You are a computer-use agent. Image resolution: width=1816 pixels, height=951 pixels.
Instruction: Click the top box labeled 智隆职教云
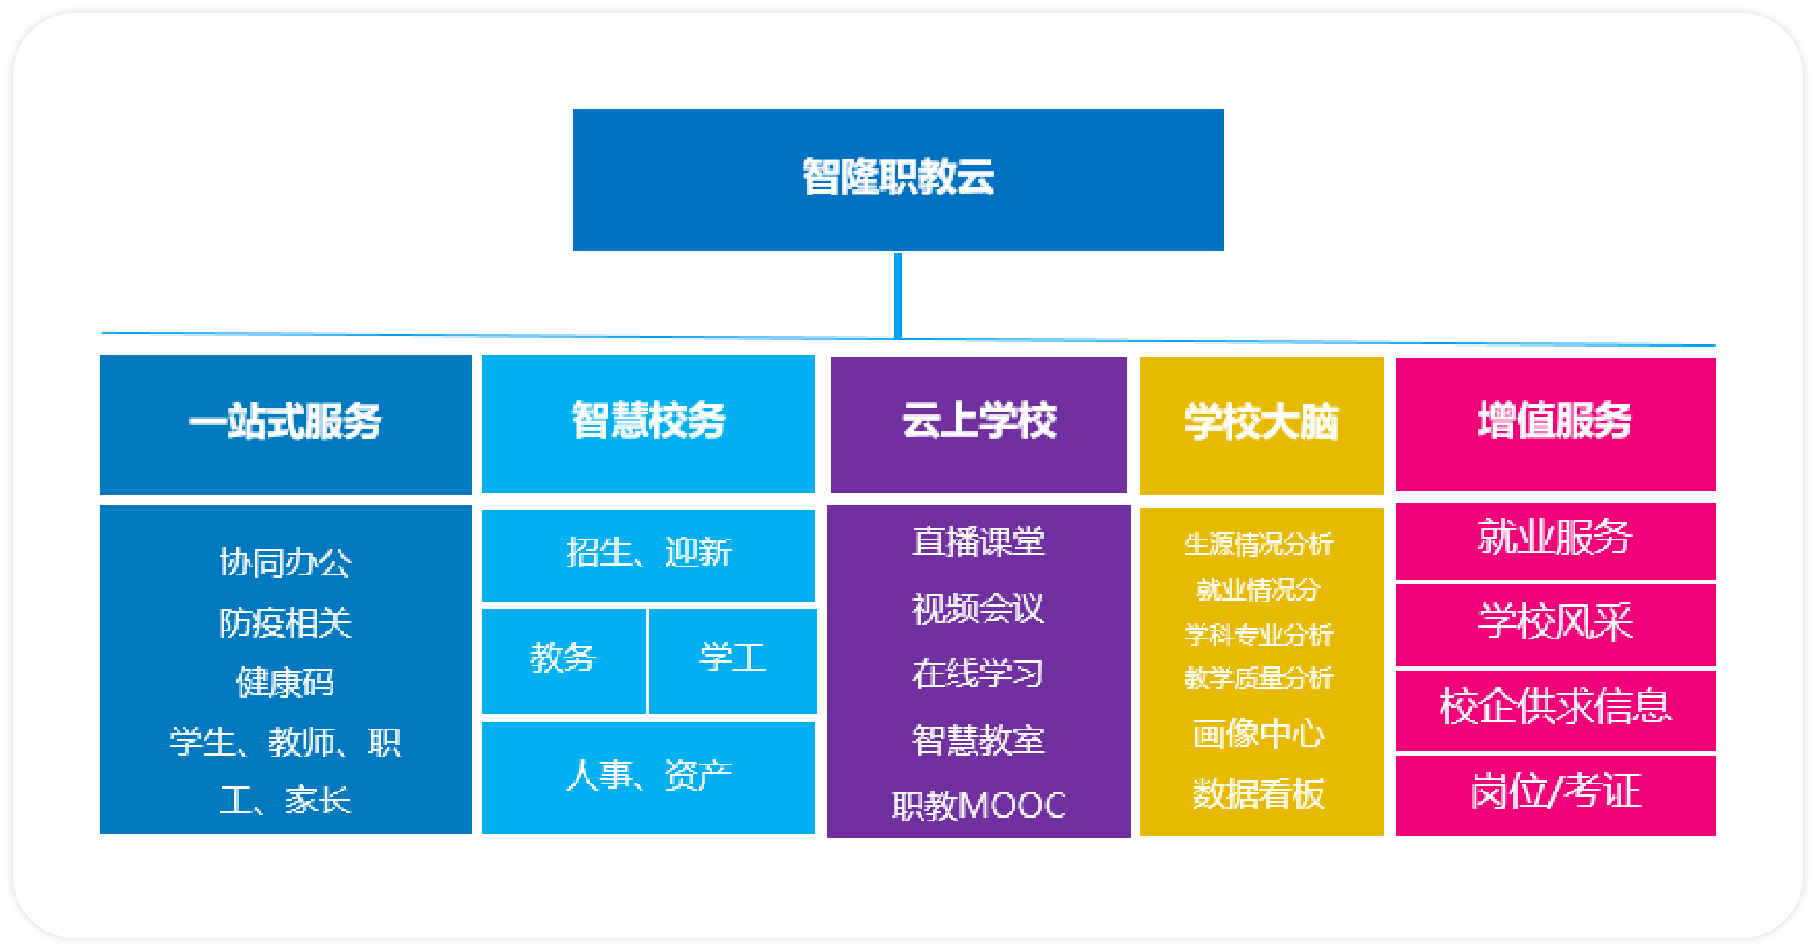898,180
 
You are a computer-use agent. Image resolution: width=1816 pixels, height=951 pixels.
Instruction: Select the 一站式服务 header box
286,424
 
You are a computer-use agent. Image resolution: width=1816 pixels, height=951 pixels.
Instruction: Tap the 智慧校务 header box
649,423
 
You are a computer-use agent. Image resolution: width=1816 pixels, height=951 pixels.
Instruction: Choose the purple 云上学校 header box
979,425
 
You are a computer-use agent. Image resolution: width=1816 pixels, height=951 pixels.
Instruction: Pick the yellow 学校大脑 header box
1261,426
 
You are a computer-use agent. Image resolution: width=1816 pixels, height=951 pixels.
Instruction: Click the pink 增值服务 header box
1556,424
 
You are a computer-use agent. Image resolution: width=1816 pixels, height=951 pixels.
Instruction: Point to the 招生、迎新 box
649,555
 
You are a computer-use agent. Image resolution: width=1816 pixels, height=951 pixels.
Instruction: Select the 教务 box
564,661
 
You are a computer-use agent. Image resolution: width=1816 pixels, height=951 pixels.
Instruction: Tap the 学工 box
733,661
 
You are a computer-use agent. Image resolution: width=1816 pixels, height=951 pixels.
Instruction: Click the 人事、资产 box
649,777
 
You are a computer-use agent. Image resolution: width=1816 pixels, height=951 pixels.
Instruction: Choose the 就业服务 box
1556,541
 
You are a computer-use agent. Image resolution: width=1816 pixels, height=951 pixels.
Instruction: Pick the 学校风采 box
1556,625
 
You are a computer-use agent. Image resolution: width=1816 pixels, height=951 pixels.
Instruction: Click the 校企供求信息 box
1556,710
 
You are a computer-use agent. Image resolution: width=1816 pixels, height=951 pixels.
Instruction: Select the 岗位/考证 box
1556,795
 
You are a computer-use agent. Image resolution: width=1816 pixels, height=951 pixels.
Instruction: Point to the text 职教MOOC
979,806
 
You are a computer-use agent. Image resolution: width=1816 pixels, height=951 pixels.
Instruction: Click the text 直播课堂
979,542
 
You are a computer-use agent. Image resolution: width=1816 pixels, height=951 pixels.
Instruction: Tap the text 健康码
286,683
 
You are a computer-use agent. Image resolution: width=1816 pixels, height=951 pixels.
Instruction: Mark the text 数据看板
1259,794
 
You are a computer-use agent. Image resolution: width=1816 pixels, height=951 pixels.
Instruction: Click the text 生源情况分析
1259,544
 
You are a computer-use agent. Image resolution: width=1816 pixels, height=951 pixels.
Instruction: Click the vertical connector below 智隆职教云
898,296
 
